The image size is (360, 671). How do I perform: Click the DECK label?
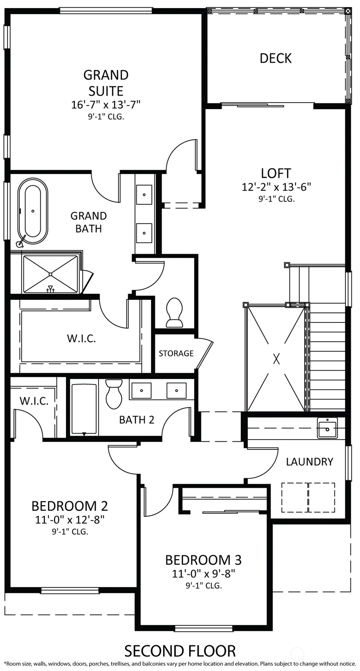276,58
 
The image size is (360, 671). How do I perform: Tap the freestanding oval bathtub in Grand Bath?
33,211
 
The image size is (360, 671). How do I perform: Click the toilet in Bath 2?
114,394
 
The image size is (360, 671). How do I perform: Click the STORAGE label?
176,353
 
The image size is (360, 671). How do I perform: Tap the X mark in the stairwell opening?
276,359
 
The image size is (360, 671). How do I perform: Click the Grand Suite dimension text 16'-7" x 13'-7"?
106,105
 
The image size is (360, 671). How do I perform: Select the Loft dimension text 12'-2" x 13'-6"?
276,187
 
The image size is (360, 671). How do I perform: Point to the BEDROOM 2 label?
70,506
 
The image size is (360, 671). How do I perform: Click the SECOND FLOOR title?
180,651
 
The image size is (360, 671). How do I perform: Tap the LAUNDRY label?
310,462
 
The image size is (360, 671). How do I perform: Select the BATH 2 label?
137,420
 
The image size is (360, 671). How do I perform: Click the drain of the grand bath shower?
50,274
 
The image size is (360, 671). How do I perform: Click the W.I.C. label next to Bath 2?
34,401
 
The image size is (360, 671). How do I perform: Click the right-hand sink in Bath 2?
176,391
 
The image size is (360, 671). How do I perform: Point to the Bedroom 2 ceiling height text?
70,531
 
